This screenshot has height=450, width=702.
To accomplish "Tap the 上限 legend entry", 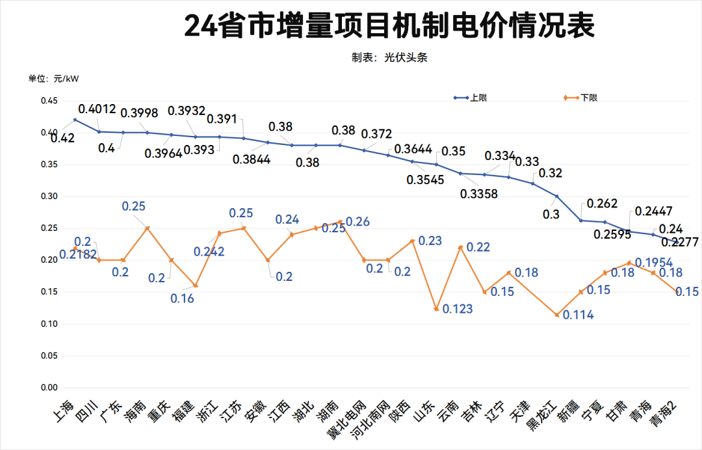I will coord(478,98).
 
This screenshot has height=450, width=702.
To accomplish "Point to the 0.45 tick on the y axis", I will coord(49,101).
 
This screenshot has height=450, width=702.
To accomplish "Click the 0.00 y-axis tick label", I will coord(49,388).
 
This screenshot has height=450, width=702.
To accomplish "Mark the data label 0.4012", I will coord(97,109).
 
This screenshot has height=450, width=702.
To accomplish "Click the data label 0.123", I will coord(458,309).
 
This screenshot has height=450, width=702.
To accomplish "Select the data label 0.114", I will coord(578,315).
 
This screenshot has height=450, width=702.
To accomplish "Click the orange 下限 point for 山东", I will coord(436,309).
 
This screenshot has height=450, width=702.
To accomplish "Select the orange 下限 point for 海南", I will coord(147,228).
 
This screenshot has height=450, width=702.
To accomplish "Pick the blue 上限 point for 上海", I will coord(75,120).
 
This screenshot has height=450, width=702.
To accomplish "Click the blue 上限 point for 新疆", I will coord(580,220).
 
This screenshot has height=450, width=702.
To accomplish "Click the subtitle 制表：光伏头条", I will coord(389,58).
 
